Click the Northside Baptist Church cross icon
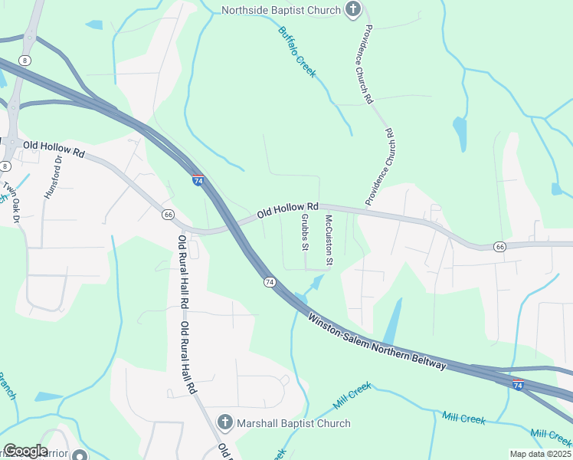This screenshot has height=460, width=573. [x=352, y=10]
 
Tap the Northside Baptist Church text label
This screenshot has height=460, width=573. [x=280, y=10]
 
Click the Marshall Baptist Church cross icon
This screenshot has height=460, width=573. [x=224, y=422]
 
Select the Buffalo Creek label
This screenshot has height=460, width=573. [x=296, y=52]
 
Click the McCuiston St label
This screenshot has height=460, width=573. [x=329, y=241]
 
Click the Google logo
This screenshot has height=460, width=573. [x=25, y=451]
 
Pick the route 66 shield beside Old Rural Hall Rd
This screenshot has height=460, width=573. [x=168, y=215]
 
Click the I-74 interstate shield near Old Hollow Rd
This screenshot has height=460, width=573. [x=198, y=180]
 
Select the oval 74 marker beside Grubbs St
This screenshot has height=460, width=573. [x=270, y=283]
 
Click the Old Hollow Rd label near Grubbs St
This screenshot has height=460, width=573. [x=287, y=209]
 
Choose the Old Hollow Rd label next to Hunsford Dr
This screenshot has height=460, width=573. [x=54, y=149]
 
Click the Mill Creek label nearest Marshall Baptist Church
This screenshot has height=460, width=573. [x=352, y=394]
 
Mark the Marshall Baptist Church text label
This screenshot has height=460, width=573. [x=293, y=423]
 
